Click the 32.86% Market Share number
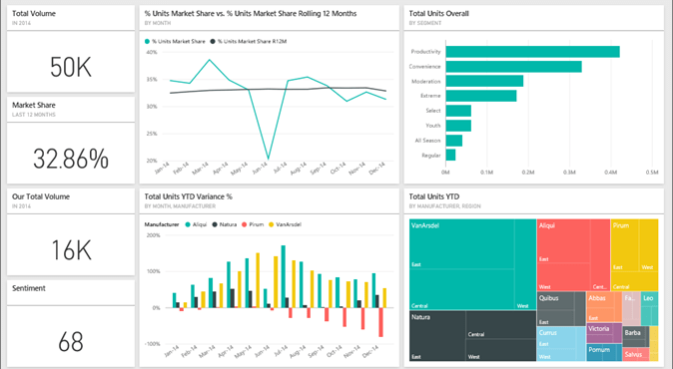coord(70,159)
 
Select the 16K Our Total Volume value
coord(70,249)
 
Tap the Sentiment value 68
coord(70,342)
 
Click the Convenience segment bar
coord(513,67)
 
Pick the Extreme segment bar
coord(481,96)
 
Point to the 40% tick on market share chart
coord(152,52)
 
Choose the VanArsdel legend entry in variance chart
coord(288,224)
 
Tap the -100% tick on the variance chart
coord(151,343)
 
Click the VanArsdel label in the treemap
coord(426,225)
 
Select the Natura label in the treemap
coord(421,317)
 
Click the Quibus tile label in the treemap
coord(548,297)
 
